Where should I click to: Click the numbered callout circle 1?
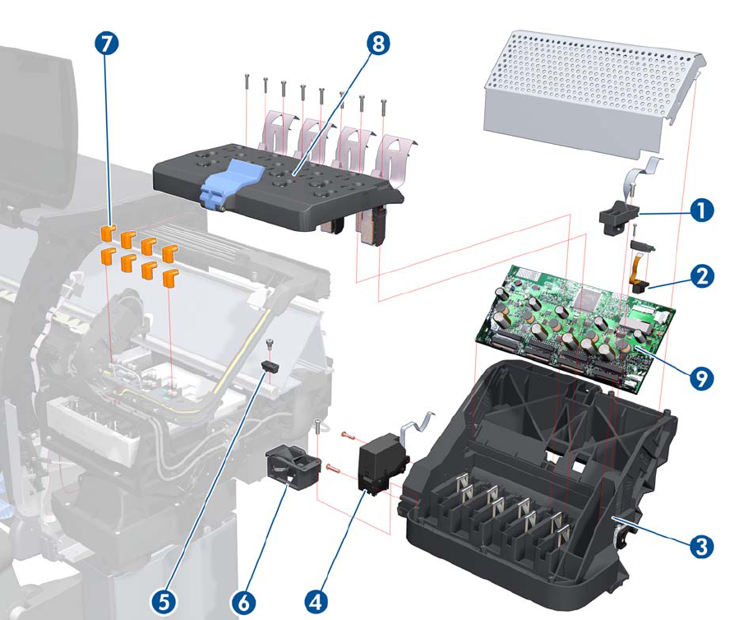700,211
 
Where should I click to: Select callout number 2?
700,276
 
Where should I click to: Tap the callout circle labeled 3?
700,544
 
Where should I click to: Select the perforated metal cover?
592,90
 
